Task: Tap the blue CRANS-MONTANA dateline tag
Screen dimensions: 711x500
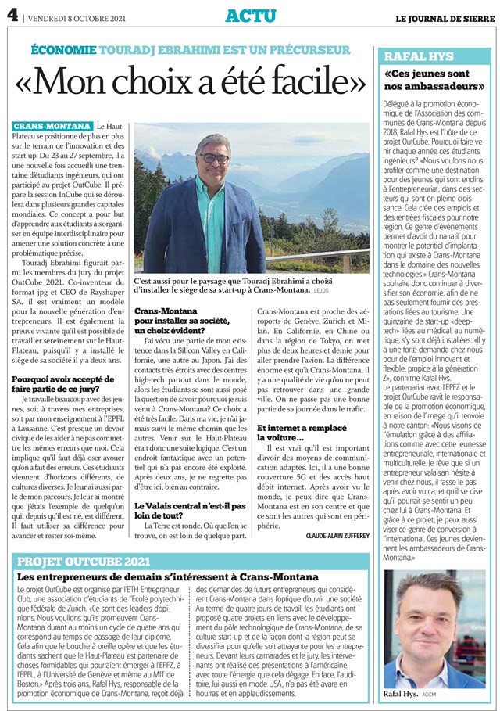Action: point(51,126)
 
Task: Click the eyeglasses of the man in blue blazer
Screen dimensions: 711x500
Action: point(212,159)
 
